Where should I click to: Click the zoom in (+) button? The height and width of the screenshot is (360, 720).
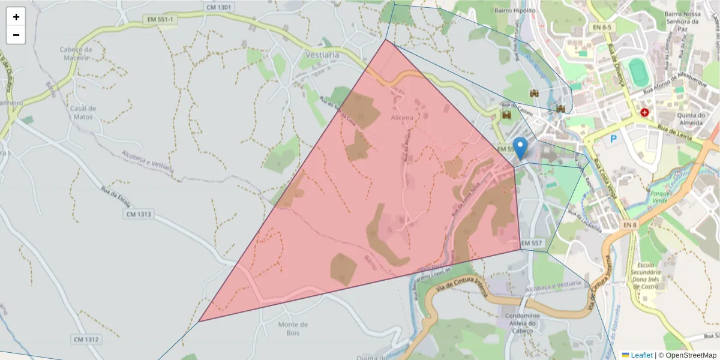(16, 17)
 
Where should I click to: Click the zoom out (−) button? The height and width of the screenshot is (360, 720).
(16, 35)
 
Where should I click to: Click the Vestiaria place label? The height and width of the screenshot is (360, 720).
(322, 55)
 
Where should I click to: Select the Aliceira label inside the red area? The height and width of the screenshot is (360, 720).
(402, 118)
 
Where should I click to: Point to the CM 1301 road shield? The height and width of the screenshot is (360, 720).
(218, 7)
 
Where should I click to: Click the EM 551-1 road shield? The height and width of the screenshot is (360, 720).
(161, 20)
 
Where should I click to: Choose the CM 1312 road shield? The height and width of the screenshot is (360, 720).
(86, 340)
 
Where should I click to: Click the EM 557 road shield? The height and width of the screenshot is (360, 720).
(532, 243)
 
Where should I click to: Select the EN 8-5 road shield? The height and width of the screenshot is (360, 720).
(602, 27)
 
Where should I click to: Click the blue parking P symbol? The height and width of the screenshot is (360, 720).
(613, 139)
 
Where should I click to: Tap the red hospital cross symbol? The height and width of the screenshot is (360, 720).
(644, 112)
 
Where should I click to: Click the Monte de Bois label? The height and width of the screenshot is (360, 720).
(293, 329)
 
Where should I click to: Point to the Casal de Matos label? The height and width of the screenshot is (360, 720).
(83, 112)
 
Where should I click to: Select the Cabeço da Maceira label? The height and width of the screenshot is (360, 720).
(75, 53)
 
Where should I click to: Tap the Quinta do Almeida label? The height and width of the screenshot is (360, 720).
(691, 119)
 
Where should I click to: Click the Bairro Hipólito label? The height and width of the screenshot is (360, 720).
(514, 10)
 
